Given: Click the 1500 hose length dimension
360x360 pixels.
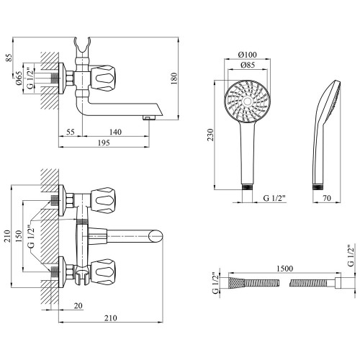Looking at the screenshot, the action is click(x=285, y=268).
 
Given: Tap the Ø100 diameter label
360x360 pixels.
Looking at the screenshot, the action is click(x=247, y=55).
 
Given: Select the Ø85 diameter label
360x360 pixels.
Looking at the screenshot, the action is click(x=248, y=65).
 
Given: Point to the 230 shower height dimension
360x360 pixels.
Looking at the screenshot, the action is click(x=210, y=135).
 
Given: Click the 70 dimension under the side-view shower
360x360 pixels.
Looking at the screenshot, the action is click(x=327, y=198).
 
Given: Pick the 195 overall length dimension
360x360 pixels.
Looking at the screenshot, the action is click(x=104, y=143).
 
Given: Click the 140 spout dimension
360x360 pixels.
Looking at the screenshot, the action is click(x=115, y=132).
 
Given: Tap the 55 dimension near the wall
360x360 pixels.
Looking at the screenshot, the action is click(x=71, y=132).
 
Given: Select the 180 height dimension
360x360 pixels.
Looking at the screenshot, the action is click(x=174, y=78).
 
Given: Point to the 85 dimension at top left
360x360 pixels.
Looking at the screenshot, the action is click(x=9, y=57).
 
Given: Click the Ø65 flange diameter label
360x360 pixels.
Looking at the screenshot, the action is click(x=19, y=78).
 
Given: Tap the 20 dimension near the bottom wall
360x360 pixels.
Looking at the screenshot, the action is click(x=78, y=305).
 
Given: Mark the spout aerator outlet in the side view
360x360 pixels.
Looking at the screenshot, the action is click(x=149, y=117).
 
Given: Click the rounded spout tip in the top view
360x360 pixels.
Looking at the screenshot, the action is click(x=156, y=236).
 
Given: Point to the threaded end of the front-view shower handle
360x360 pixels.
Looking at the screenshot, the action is click(x=248, y=187).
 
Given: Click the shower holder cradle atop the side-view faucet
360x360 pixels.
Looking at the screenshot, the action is click(x=82, y=45).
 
